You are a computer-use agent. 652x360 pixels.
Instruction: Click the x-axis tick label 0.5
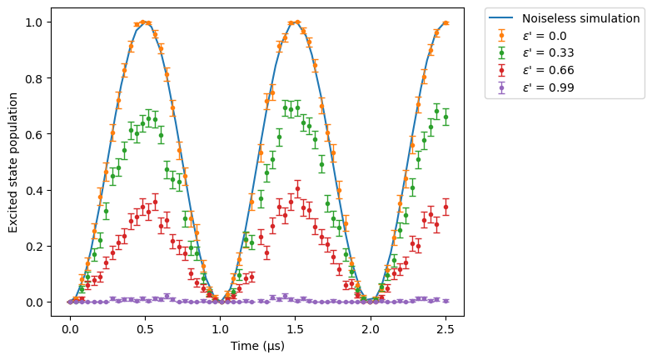click(x=145, y=330)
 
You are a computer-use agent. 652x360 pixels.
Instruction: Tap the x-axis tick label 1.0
click(x=221, y=330)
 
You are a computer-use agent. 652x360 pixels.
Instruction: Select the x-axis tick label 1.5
click(x=296, y=330)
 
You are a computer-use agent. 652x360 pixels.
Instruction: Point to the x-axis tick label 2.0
click(x=371, y=330)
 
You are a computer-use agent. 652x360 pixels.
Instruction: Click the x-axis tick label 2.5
click(x=445, y=330)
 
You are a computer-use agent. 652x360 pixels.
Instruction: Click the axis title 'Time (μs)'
click(x=257, y=347)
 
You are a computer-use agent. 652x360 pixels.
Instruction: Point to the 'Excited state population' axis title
click(x=12, y=162)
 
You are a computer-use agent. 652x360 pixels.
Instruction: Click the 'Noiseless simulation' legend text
click(x=581, y=18)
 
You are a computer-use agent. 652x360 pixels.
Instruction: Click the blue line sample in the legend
click(x=501, y=18)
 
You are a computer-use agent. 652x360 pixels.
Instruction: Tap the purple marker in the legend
click(x=501, y=87)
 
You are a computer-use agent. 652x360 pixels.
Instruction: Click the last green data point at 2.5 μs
click(x=445, y=117)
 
